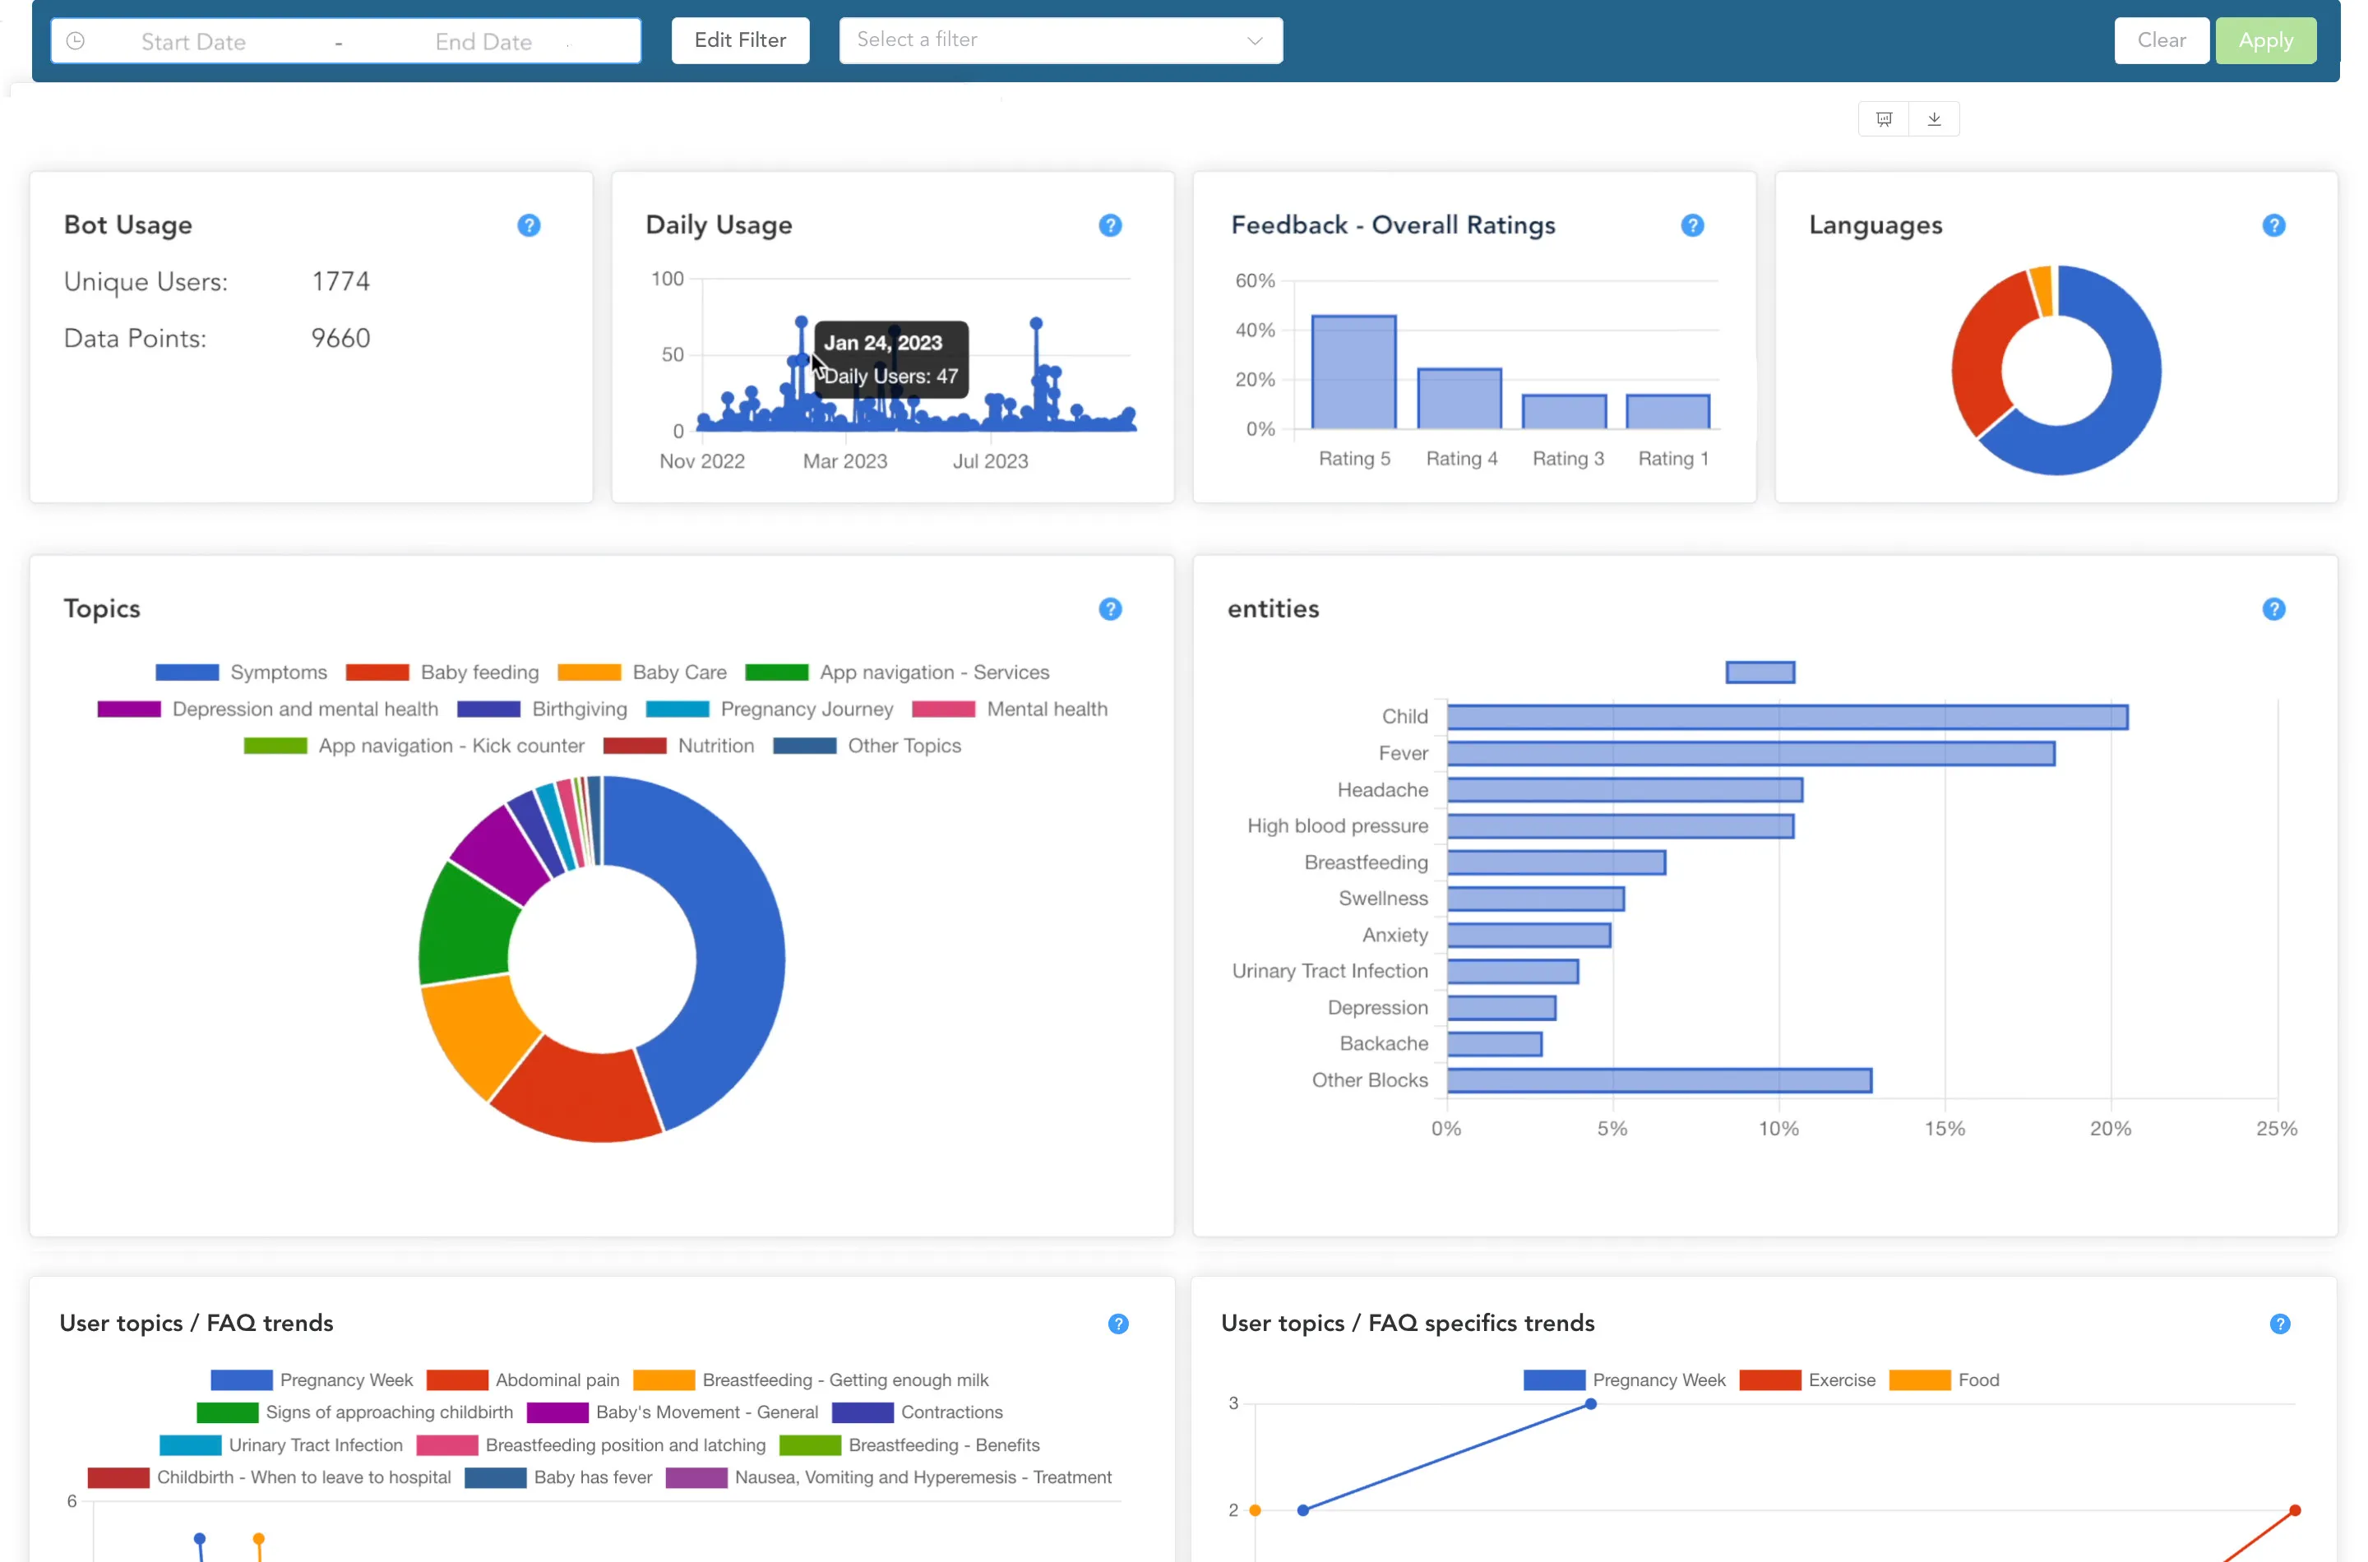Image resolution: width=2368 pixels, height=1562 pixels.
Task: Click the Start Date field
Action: (193, 42)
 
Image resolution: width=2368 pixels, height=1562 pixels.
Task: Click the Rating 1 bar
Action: (1667, 411)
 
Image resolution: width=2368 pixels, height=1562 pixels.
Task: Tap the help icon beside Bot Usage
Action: (528, 226)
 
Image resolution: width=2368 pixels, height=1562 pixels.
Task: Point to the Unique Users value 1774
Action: (340, 282)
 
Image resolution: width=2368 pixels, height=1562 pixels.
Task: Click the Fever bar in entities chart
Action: (1750, 754)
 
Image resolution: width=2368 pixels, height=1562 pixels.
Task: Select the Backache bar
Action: (1493, 1044)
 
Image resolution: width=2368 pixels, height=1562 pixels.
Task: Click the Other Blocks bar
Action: (1658, 1081)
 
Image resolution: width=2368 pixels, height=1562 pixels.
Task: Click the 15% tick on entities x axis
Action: (1943, 1129)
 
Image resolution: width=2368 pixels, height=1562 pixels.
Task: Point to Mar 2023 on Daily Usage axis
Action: (844, 461)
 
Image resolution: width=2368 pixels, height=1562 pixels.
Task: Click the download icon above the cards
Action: (1933, 119)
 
